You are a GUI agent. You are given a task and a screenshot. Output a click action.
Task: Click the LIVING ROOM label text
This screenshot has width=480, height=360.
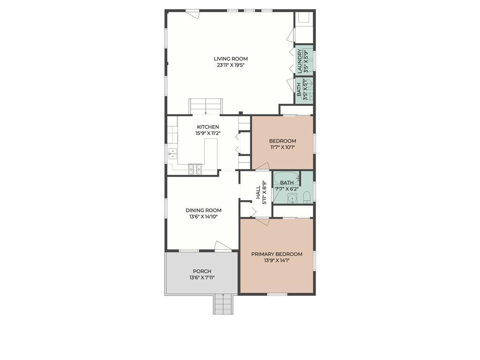coord(231,59)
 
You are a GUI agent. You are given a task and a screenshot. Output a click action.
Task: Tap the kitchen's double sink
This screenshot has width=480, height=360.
coord(172,153)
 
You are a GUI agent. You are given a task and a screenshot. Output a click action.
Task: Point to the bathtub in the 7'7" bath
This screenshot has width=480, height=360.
coord(286,179)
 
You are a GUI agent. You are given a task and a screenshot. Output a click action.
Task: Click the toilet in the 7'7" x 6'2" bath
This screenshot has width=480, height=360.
coord(307,197)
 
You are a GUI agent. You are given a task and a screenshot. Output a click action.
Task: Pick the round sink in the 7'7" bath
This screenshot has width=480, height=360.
coord(292,198)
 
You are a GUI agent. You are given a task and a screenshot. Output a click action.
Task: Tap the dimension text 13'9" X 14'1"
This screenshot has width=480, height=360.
coord(277,260)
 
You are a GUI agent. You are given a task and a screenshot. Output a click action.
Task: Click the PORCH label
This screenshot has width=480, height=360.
coord(202,271)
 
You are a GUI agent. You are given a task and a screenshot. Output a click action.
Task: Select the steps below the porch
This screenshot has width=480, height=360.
coord(223,305)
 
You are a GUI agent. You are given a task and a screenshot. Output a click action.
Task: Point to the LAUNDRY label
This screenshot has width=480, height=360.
coord(300,61)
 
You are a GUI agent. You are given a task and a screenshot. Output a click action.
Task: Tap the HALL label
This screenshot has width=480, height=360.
coord(258,192)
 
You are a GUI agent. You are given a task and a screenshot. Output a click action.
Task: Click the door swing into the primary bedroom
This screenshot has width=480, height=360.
coord(262,221)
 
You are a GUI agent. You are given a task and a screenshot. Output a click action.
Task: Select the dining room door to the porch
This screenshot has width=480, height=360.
coord(223,246)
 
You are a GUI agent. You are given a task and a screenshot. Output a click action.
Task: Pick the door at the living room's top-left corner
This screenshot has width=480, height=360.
coord(192,15)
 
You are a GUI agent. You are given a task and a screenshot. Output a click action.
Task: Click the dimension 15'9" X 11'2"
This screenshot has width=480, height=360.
coord(208,133)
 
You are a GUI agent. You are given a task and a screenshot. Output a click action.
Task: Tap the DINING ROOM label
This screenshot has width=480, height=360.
coord(203,210)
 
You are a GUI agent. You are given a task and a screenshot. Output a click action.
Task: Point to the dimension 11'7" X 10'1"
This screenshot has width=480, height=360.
coord(282,147)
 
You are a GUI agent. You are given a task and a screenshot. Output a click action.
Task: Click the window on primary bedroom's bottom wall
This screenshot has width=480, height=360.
coord(277,294)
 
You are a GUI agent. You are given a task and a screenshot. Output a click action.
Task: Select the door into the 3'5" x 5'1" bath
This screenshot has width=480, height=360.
coord(291,85)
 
